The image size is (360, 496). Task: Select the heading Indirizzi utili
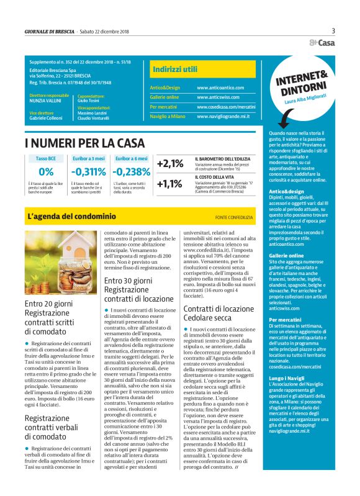tap(175, 70)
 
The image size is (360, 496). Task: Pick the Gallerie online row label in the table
tap(164, 97)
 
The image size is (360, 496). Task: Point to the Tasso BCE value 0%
tap(46, 172)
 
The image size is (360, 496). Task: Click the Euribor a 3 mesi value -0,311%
tap(88, 172)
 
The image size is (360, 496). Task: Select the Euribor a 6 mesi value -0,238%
tap(132, 172)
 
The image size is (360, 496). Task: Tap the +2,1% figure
tap(169, 164)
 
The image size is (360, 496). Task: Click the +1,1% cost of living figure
tap(169, 184)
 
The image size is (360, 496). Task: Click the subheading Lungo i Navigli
tap(287, 377)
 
